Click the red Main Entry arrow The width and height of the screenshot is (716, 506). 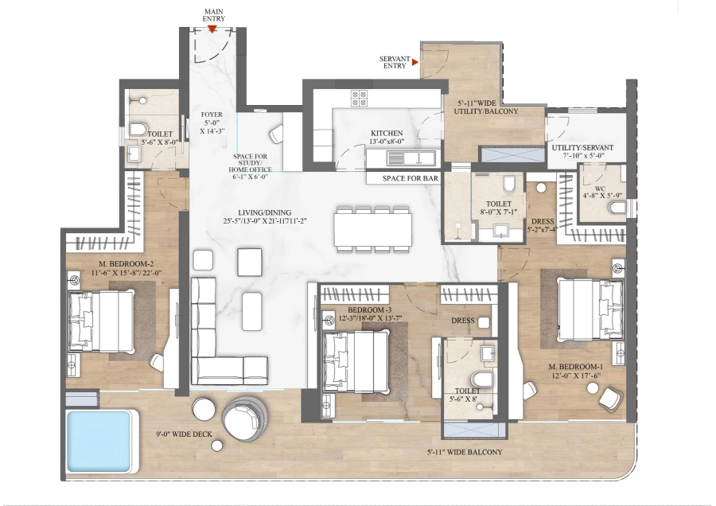tap(212, 29)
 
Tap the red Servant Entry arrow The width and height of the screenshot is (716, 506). tap(415, 61)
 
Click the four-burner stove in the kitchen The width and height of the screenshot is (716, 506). tap(359, 98)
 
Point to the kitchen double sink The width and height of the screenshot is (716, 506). tap(411, 158)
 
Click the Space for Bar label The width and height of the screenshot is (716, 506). tap(411, 178)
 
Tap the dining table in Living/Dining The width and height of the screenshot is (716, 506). tap(372, 230)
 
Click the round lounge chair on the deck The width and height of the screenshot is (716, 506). tap(246, 419)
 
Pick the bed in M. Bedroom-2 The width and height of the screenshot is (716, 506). tap(101, 322)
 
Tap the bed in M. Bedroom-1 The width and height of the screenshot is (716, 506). tap(591, 310)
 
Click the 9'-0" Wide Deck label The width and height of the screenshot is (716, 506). tap(184, 434)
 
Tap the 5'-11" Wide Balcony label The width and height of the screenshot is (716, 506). tap(465, 452)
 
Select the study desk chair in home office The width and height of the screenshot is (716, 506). tap(277, 134)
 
